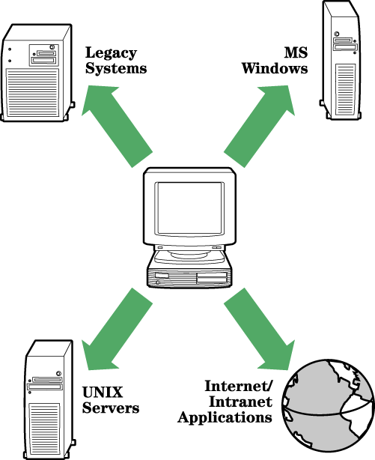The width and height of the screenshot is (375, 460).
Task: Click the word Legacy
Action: click(111, 54)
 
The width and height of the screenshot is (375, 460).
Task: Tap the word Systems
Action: click(116, 68)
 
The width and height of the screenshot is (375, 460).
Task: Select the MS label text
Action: click(296, 52)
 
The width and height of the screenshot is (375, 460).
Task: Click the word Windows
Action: click(275, 68)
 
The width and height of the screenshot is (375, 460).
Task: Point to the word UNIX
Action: click(103, 393)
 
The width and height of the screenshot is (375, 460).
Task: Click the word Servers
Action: click(111, 408)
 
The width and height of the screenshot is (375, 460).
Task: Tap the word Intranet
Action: click(240, 402)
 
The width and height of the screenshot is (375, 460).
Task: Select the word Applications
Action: click(225, 418)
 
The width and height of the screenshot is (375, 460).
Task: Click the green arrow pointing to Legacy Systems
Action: click(117, 127)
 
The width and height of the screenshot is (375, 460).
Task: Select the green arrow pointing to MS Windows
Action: click(260, 126)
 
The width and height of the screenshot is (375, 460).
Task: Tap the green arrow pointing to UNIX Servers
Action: click(117, 329)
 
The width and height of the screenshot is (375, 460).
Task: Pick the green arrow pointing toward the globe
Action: click(260, 329)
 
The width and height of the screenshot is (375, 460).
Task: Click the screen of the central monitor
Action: click(189, 208)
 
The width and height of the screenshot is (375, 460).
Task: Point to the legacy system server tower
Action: click(37, 73)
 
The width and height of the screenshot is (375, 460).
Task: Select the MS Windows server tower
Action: click(340, 60)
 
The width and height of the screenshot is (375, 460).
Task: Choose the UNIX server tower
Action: click(49, 400)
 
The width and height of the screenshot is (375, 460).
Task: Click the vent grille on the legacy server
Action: click(32, 92)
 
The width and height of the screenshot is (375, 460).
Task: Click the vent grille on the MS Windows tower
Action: click(345, 89)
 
